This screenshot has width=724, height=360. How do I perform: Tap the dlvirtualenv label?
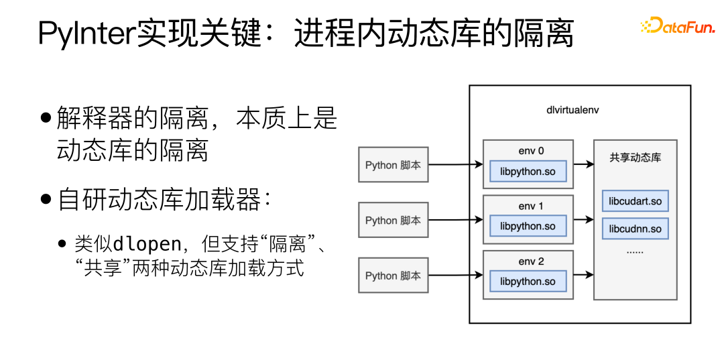[x=572, y=109]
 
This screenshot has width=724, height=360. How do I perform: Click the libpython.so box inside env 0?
[x=528, y=172]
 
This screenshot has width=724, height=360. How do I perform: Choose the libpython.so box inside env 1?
[x=528, y=227]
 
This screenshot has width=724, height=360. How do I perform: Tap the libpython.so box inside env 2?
[x=528, y=282]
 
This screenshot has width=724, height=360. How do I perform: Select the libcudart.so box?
[x=635, y=201]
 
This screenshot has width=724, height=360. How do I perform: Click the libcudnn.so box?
[x=635, y=229]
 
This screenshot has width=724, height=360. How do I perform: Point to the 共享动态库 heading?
[x=635, y=158]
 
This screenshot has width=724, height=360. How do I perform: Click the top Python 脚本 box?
[x=393, y=165]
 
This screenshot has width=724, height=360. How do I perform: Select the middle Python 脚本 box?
[x=393, y=220]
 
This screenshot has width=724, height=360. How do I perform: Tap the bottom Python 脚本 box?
[x=393, y=276]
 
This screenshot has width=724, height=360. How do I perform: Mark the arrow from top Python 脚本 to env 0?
[x=455, y=164]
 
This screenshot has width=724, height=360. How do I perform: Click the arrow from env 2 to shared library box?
[x=583, y=274]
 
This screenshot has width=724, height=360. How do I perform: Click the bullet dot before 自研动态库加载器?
[x=46, y=200]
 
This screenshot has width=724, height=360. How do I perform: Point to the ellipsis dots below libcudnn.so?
[x=634, y=251]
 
